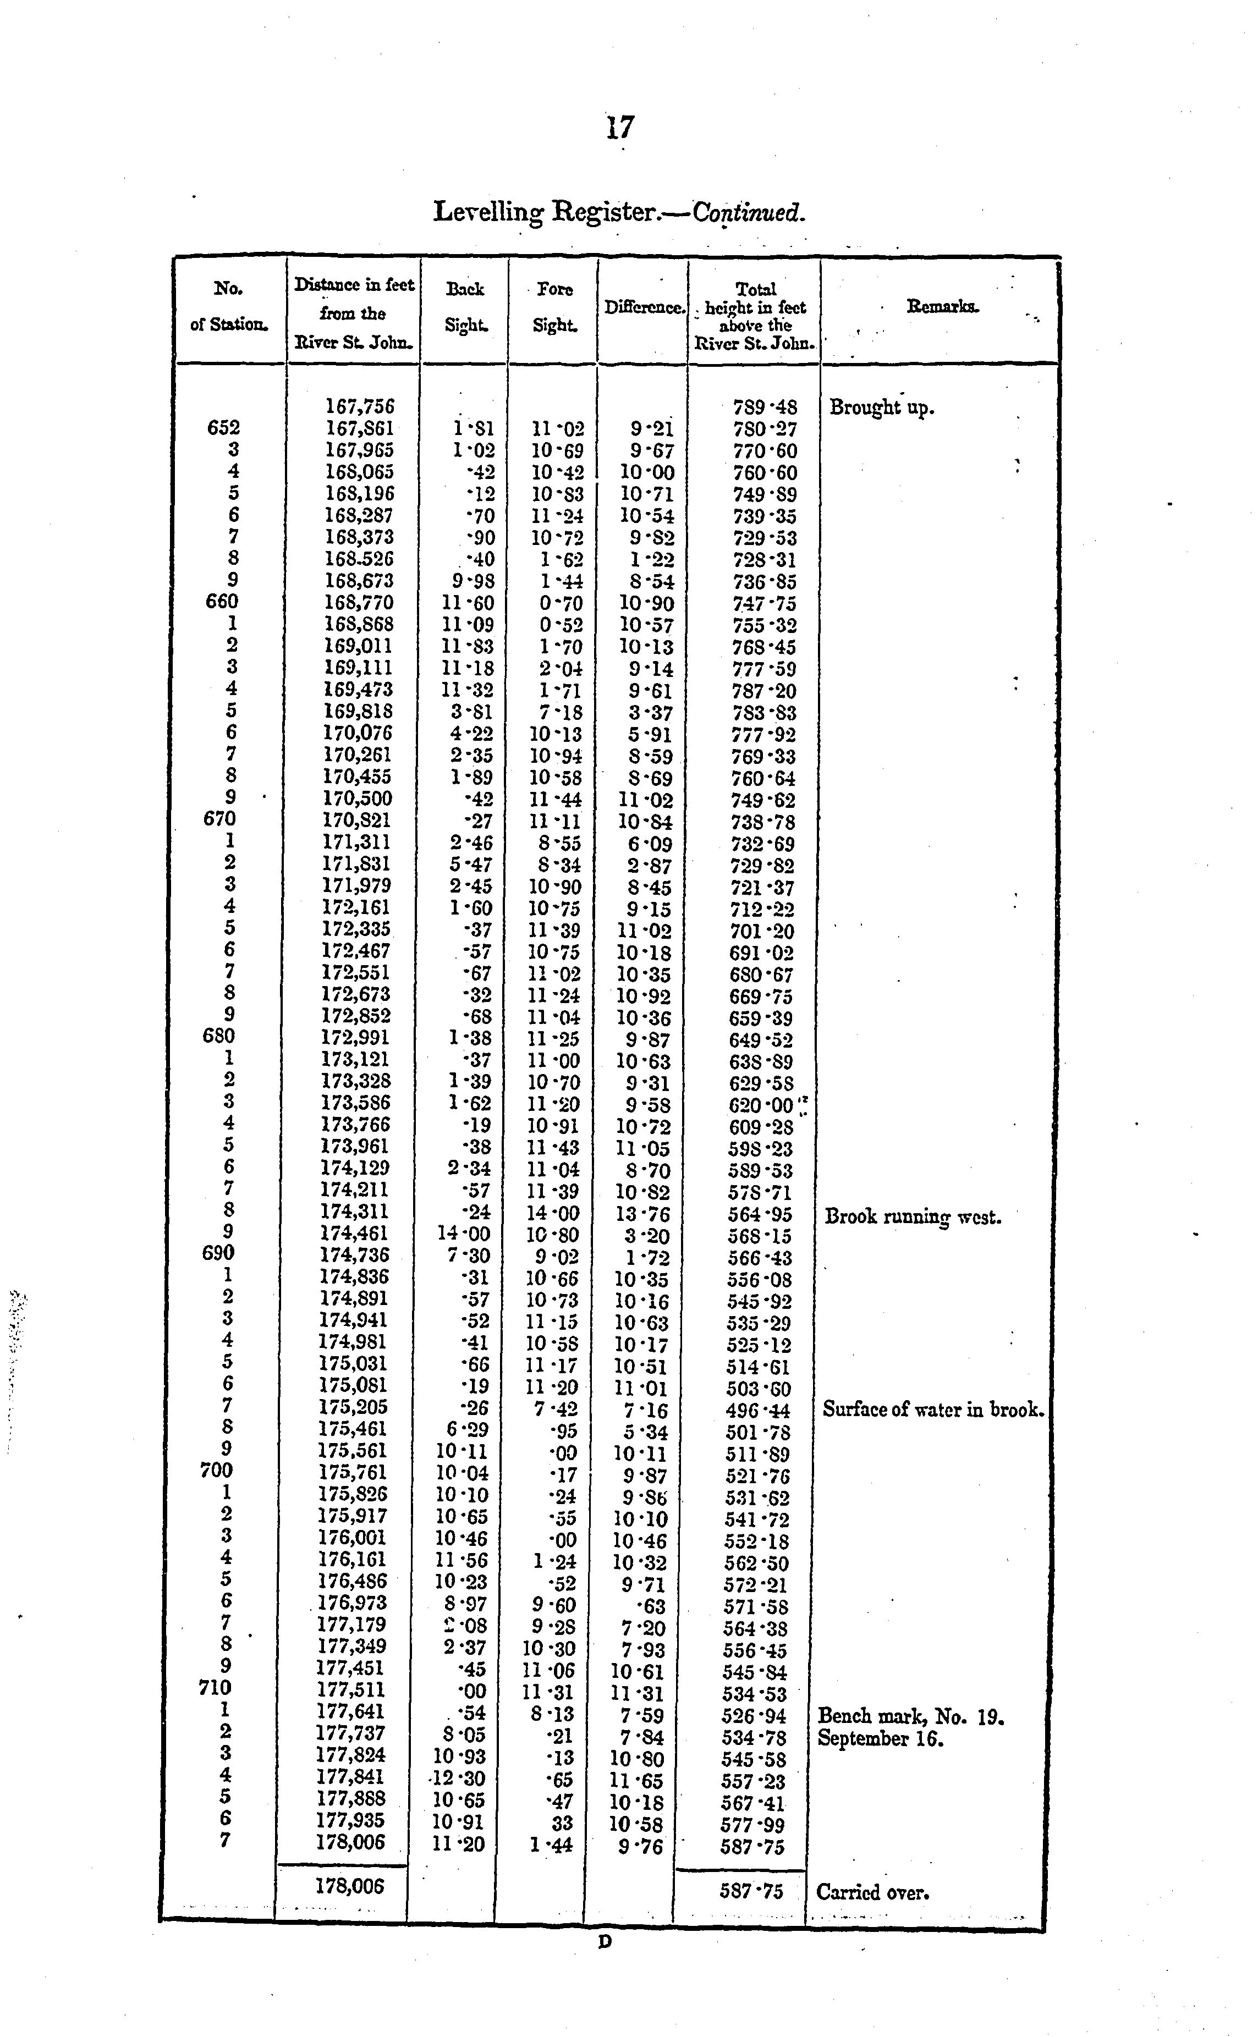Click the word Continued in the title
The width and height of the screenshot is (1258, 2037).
pos(748,212)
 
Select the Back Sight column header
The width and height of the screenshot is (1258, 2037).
pos(464,307)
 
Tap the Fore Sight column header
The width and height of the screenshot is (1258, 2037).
pos(554,307)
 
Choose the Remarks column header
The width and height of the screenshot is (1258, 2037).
pos(943,307)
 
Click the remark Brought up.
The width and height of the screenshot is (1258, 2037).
pos(882,409)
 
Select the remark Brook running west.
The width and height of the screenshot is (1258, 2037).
pos(913,1217)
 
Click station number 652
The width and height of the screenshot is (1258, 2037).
pos(223,427)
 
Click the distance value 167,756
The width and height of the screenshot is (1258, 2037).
pos(359,407)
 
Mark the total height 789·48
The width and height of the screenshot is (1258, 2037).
pos(765,408)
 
